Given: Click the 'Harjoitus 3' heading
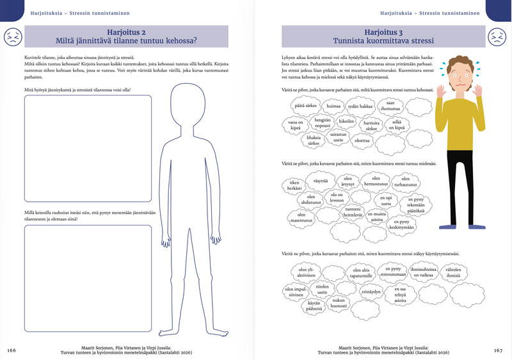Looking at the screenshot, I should click(383, 31).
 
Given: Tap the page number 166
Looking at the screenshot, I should click(12, 350).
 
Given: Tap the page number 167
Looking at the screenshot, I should click(499, 350).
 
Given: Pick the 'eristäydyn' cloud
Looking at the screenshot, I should click(371, 291).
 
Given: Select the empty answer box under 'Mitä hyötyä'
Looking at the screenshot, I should click(88, 147).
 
